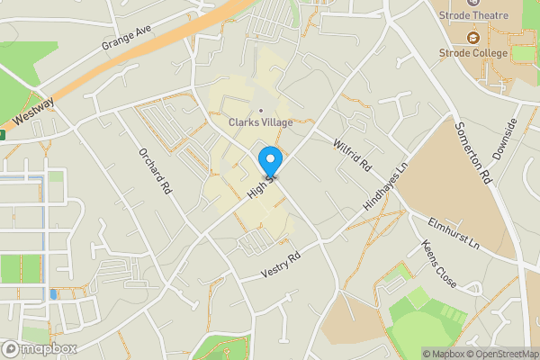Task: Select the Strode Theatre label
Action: [x=474, y=15]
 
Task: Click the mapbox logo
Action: [x=40, y=348]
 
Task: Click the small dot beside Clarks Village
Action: [x=261, y=111]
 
